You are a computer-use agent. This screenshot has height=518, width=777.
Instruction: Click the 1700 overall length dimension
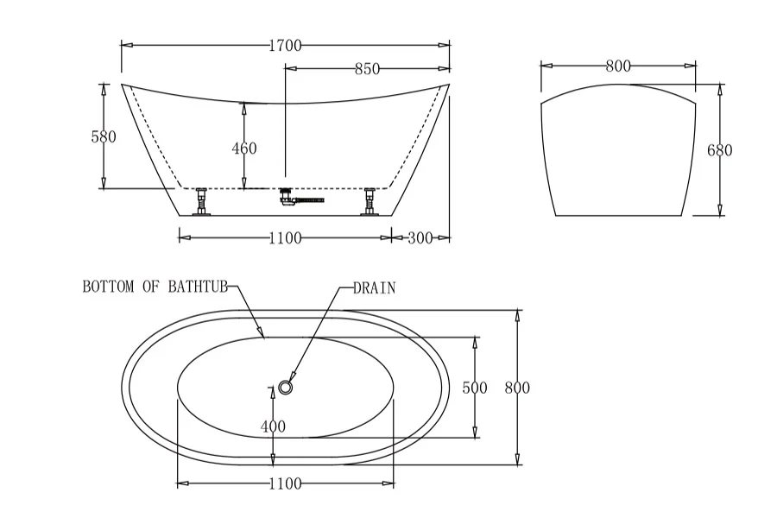coord(285,46)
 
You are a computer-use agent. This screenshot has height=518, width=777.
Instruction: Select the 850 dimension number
coord(367,69)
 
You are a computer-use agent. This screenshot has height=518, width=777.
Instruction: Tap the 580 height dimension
coord(104,136)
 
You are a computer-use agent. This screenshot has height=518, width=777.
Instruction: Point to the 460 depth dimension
coord(244,148)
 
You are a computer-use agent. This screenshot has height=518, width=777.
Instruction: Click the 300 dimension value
coord(420,238)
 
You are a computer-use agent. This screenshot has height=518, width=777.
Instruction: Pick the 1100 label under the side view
coord(285,238)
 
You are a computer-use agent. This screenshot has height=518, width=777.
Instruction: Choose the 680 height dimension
coord(719,150)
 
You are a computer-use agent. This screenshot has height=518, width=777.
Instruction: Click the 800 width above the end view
coord(618,66)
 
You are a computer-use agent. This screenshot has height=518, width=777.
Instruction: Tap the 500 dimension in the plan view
coord(475,388)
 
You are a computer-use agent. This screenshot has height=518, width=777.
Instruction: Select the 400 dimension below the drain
coord(273,426)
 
